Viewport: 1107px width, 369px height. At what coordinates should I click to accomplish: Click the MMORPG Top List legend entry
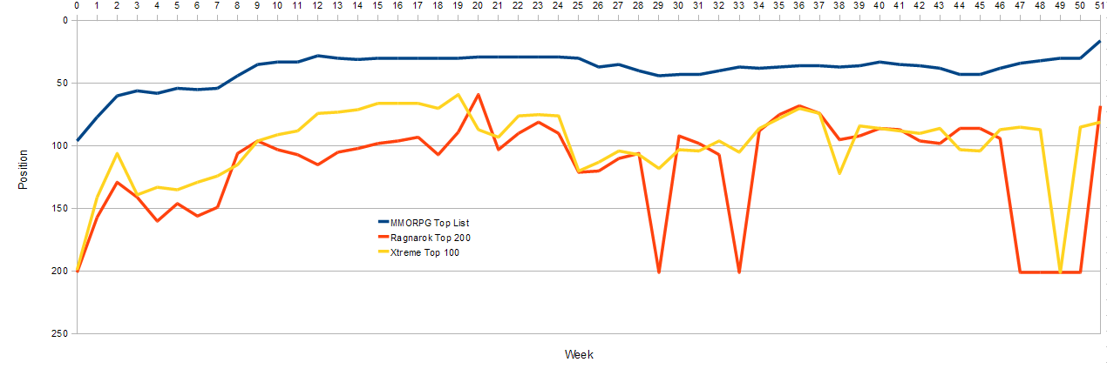424,223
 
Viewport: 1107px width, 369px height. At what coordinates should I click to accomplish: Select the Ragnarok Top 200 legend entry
424,238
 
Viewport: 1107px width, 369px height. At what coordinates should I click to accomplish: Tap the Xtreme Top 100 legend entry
418,252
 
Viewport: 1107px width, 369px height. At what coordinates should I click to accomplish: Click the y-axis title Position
23,170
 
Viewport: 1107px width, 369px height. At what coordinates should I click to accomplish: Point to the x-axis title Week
579,355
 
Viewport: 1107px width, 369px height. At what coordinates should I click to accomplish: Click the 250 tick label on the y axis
59,334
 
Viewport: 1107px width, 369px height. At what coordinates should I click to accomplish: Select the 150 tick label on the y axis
59,209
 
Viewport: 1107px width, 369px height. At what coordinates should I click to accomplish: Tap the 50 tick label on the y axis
62,83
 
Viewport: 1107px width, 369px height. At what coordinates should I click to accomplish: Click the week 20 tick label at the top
478,5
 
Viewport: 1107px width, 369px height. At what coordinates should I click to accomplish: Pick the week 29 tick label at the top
658,5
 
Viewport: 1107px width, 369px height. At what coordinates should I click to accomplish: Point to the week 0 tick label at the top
77,5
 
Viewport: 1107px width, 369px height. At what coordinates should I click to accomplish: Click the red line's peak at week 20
478,94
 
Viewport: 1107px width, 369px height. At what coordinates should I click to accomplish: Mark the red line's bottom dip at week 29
658,272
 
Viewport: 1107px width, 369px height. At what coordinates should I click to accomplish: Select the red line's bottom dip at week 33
739,272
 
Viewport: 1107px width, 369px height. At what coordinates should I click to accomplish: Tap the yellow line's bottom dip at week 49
1060,272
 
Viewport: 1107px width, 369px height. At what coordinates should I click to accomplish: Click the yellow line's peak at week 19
458,94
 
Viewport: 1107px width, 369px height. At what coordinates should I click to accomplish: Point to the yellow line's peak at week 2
117,153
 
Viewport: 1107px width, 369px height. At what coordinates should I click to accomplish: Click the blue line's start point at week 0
77,141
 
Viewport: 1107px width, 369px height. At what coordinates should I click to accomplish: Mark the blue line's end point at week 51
1099,42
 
